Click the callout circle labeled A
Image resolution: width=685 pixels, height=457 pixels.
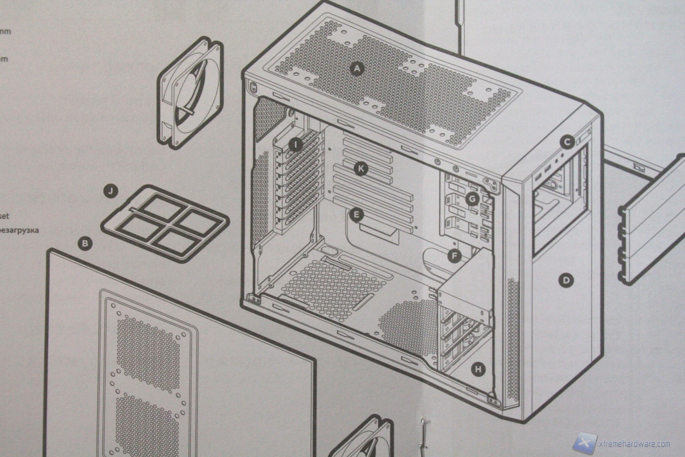point(357,69)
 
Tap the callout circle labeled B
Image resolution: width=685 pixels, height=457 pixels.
point(84,243)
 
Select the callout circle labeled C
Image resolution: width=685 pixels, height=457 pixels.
point(567,142)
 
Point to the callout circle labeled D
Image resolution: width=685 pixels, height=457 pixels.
point(566,280)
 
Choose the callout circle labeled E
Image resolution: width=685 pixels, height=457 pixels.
point(356,215)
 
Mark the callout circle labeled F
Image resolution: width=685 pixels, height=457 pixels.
point(454,256)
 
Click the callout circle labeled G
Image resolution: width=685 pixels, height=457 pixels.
point(471,199)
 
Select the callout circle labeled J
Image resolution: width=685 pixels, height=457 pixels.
point(112,192)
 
